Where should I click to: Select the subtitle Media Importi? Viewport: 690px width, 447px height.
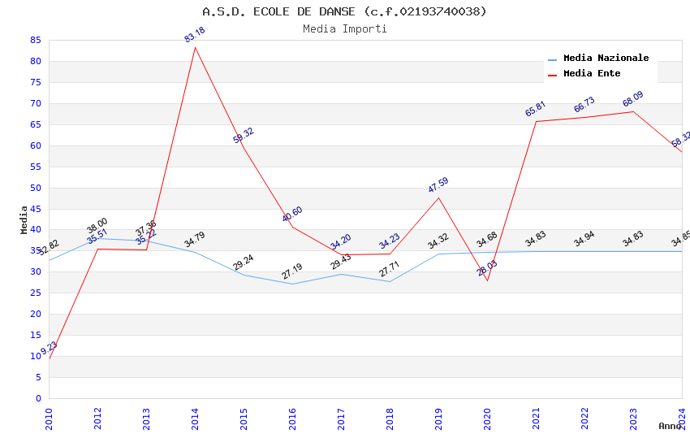[x=344, y=28]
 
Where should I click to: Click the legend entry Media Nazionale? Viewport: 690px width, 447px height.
[x=606, y=58]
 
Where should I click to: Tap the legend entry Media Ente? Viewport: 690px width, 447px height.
[x=592, y=73]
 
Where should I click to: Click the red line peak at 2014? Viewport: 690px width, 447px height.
[x=195, y=47]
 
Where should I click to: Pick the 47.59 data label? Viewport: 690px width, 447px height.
[x=438, y=185]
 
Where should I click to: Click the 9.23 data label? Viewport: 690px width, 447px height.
[x=49, y=348]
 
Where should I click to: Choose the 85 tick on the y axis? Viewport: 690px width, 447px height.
[x=35, y=40]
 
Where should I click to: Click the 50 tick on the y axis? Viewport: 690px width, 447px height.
[x=35, y=188]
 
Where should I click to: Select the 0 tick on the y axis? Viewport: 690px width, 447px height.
[x=38, y=398]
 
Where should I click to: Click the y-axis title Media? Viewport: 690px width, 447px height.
[x=24, y=219]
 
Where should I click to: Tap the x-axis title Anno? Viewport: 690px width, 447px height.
[x=670, y=426]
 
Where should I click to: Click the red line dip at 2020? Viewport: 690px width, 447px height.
[x=487, y=280]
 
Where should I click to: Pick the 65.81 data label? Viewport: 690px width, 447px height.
[x=536, y=109]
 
